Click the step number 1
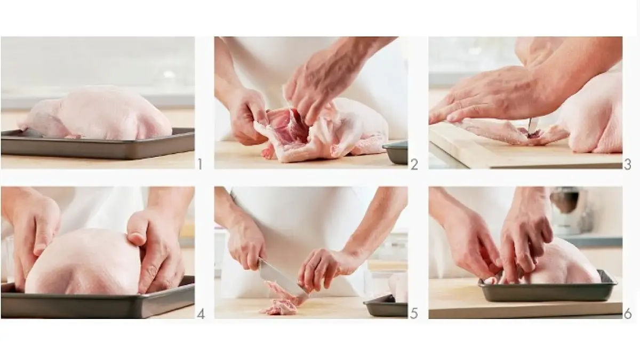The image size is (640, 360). click(200, 164)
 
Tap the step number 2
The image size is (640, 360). click(414, 165)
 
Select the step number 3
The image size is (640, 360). click(627, 165)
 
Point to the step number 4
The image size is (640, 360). click(201, 314)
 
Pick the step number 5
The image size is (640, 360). click(414, 314)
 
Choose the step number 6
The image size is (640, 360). click(628, 314)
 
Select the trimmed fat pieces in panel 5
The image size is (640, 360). click(282, 300)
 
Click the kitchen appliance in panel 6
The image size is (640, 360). click(569, 211)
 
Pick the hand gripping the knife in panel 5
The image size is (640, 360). click(246, 246)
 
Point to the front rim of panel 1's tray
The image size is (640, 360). click(98, 149)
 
